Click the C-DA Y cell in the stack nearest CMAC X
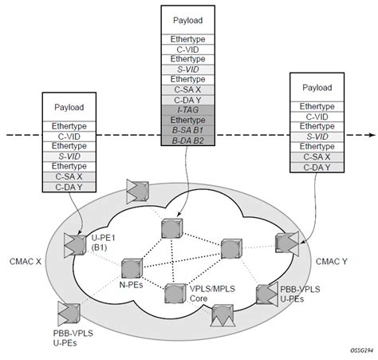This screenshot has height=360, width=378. [69, 187]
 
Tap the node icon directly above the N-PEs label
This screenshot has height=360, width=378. [132, 265]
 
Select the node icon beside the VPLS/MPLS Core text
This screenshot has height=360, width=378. [174, 292]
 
